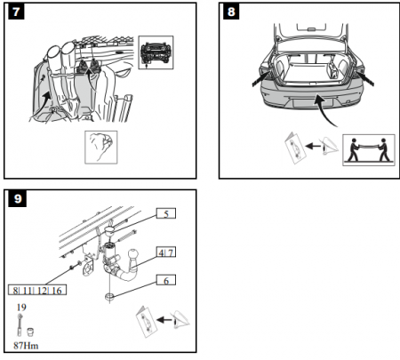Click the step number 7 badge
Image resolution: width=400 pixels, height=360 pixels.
click(16, 12)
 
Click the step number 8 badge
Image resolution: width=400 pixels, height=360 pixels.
click(231, 12)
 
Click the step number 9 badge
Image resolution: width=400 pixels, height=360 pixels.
click(18, 198)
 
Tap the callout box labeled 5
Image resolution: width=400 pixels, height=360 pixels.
click(166, 213)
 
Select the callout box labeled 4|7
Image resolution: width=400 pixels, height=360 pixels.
click(166, 252)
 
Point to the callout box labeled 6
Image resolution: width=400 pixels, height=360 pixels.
click(166, 280)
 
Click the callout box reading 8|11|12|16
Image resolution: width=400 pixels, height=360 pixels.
click(37, 290)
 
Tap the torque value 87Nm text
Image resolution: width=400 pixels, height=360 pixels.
click(26, 346)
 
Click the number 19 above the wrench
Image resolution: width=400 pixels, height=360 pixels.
click(21, 308)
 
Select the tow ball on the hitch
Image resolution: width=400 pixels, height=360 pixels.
click(132, 255)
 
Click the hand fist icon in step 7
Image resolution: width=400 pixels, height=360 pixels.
click(101, 148)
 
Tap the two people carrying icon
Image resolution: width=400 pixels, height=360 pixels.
click(369, 150)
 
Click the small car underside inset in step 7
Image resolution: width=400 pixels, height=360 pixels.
click(156, 52)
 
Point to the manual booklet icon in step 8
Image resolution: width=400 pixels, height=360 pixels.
click(294, 148)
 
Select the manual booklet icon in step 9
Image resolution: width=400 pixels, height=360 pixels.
click(146, 322)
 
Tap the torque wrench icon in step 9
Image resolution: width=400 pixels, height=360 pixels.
click(20, 324)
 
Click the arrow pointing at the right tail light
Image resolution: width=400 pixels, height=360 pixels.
click(365, 77)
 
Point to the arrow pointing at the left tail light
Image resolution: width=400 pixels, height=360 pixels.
click(261, 78)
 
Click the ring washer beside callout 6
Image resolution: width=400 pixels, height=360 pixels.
click(110, 296)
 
